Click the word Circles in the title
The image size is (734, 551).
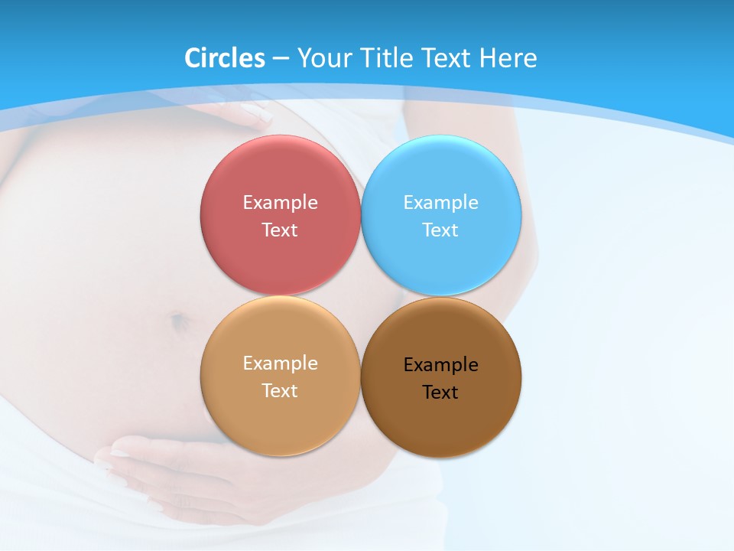[224, 58]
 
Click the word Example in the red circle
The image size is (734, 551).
[280, 203]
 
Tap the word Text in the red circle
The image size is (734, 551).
[280, 230]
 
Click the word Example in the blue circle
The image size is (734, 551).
[440, 203]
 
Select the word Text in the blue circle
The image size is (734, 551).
[440, 230]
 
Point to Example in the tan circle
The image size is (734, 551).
[280, 364]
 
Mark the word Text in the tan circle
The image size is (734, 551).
[280, 391]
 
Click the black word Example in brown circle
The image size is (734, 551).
[440, 365]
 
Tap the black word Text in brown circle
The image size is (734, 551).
[440, 393]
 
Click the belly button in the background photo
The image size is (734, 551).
[178, 321]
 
